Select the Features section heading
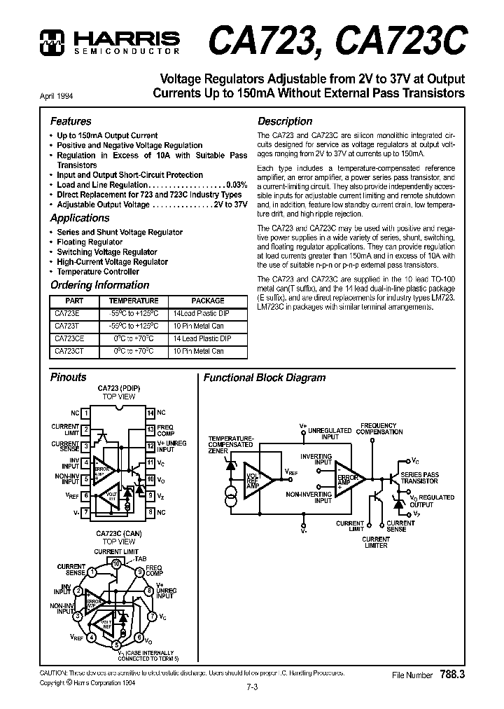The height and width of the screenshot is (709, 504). [x=70, y=121]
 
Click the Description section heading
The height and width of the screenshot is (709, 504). [x=285, y=121]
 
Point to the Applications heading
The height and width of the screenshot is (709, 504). [x=80, y=218]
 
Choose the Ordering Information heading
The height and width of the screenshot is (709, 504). [x=99, y=285]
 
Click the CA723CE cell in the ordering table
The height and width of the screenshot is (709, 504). [x=69, y=338]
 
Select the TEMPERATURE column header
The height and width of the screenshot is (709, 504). [x=143, y=300]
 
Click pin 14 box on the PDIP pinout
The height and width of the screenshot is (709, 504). [x=150, y=413]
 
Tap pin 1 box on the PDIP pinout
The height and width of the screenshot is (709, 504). [x=85, y=413]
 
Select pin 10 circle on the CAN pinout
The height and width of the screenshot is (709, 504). [x=116, y=562]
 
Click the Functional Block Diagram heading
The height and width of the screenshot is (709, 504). [x=265, y=378]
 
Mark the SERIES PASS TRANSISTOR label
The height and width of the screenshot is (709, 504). [x=419, y=478]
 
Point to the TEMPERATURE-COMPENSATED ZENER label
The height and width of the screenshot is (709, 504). [x=230, y=444]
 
